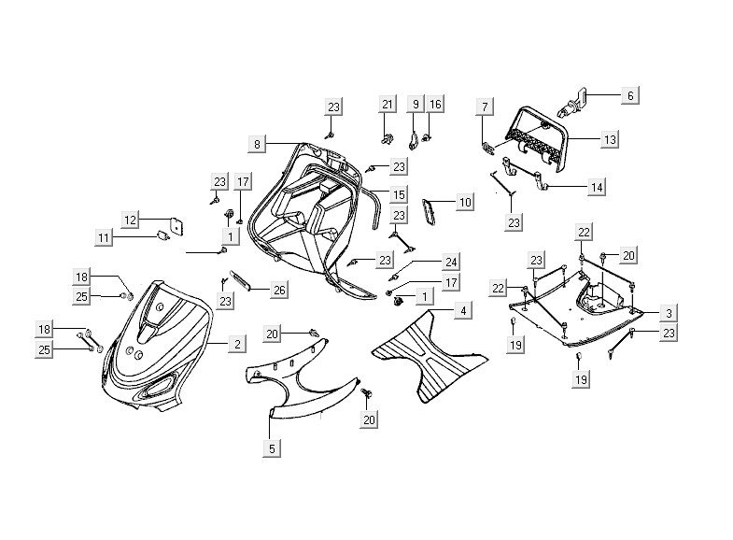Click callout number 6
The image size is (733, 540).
click(x=629, y=94)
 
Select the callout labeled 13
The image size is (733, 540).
click(x=609, y=139)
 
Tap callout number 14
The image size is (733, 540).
click(x=597, y=187)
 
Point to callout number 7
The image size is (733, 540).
click(x=484, y=107)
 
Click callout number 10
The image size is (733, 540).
click(x=465, y=201)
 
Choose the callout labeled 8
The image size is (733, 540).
click(x=257, y=144)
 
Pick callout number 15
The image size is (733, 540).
click(x=399, y=194)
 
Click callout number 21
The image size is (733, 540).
click(x=388, y=105)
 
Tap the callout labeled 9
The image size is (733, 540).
click(x=416, y=105)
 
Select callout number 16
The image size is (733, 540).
click(x=436, y=105)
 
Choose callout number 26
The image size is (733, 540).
click(x=278, y=291)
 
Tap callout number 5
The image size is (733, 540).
click(x=271, y=448)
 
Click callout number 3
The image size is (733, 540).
click(x=670, y=312)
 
